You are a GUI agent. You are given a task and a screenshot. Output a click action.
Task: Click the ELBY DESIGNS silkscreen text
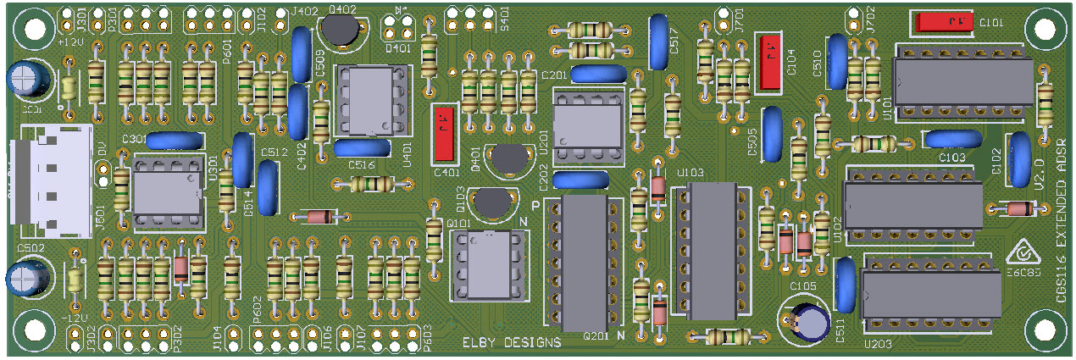[512, 343]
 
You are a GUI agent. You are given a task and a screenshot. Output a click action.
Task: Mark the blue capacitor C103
[953, 140]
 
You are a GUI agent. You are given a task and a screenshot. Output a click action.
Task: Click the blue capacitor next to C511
[845, 285]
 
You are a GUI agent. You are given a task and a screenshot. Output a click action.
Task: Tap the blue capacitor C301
[175, 141]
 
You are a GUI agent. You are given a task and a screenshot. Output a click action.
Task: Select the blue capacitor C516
[362, 148]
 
